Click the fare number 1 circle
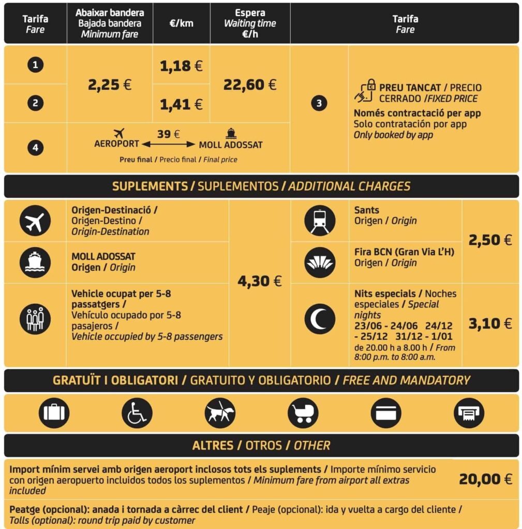(x=35, y=65)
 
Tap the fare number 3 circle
(x=319, y=103)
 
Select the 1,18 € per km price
(x=181, y=66)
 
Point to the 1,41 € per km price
(x=181, y=104)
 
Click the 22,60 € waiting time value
(x=250, y=84)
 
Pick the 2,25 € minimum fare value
(x=110, y=84)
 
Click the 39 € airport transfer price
(x=169, y=134)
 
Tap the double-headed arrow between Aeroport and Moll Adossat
(x=169, y=144)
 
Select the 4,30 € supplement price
(x=260, y=281)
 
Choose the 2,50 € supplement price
(x=490, y=240)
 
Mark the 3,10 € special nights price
(x=490, y=323)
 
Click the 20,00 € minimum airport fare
(x=485, y=479)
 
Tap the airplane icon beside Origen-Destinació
(x=35, y=221)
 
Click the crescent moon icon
(x=320, y=319)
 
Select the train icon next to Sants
(x=320, y=221)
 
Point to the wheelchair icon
(x=137, y=413)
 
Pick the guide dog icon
(x=220, y=413)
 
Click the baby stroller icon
(x=303, y=413)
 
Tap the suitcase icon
(x=54, y=413)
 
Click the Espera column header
(x=250, y=23)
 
